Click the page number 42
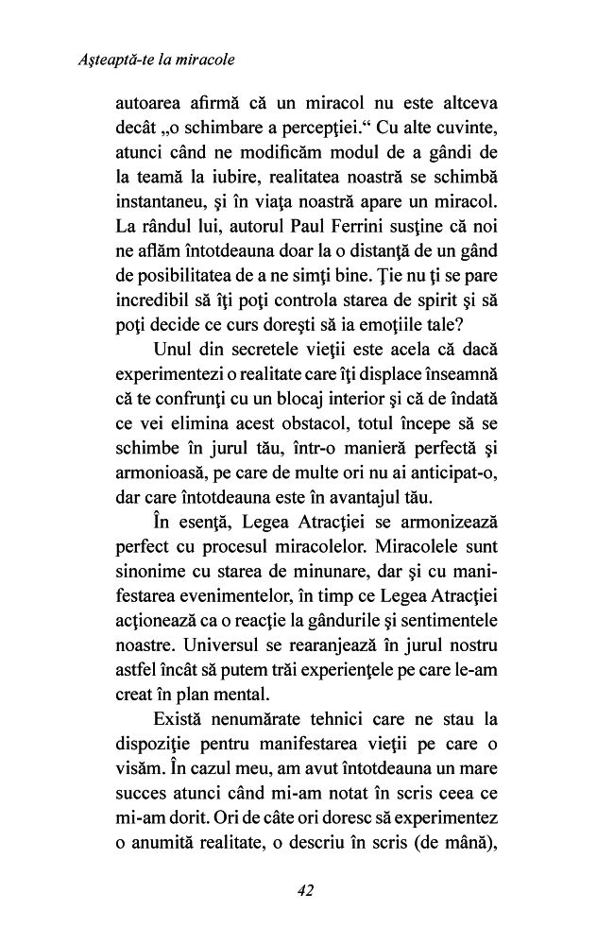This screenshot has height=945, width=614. pos(303,889)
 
